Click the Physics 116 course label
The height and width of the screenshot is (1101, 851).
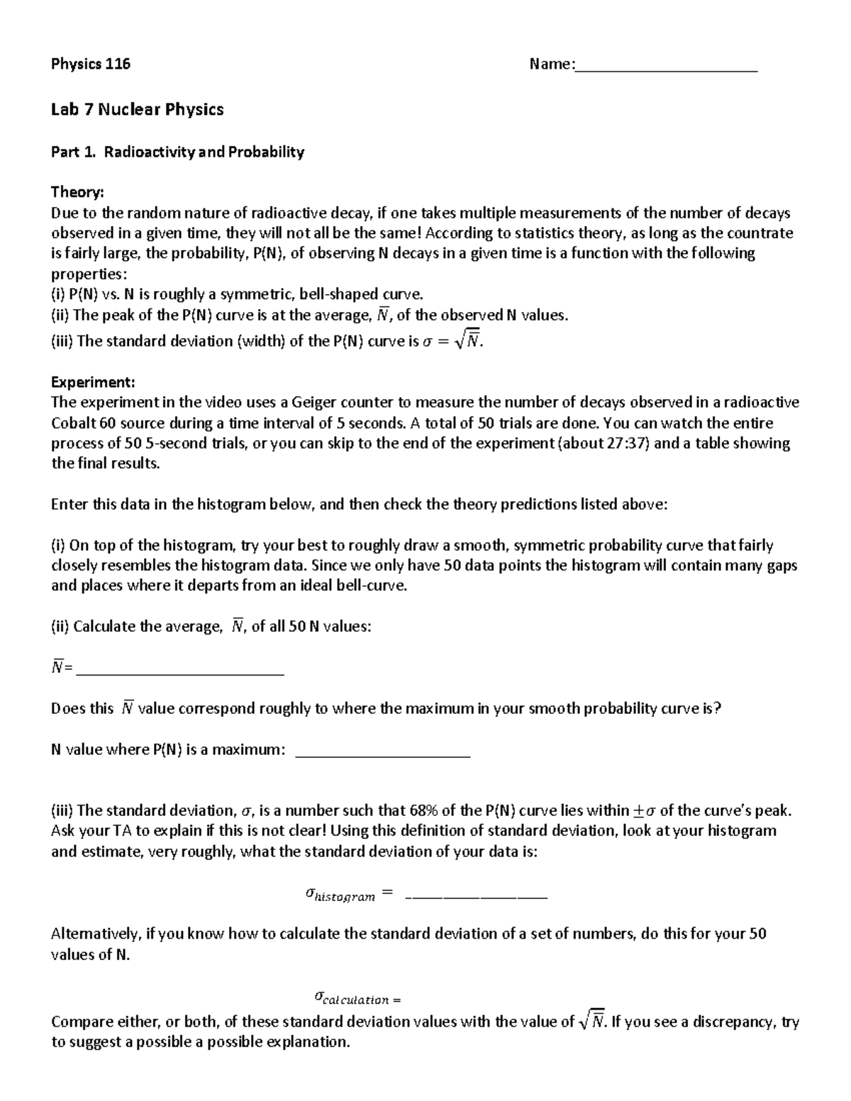(x=90, y=64)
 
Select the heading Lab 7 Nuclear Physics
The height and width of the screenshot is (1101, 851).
(x=137, y=109)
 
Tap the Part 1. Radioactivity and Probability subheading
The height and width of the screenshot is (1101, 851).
(x=177, y=152)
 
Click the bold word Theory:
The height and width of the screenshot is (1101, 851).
(x=77, y=192)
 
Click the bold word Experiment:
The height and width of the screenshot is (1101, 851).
(x=92, y=382)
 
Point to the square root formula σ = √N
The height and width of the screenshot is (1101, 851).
(x=452, y=342)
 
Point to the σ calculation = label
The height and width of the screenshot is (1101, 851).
(x=357, y=999)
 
